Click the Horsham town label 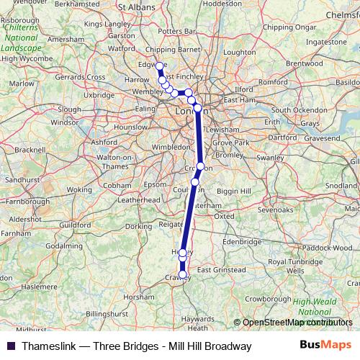pyautogui.click(x=139, y=296)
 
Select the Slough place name pyautogui.click(x=69, y=109)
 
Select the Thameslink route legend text pyautogui.click(x=136, y=346)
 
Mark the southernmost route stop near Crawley pyautogui.click(x=183, y=274)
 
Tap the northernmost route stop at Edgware pyautogui.click(x=159, y=66)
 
